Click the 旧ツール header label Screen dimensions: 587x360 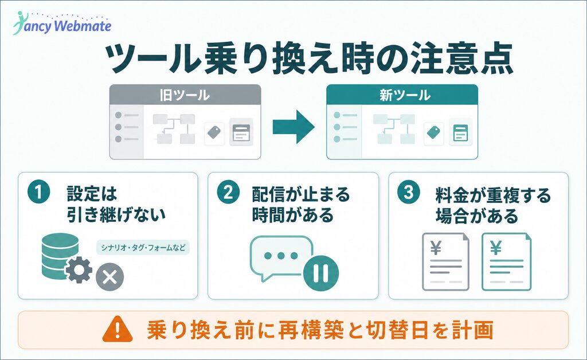[185, 95]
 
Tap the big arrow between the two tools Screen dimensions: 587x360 [293, 127]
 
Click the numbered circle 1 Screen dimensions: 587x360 [38, 193]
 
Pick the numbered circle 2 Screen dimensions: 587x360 [228, 193]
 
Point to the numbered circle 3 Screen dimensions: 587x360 [408, 193]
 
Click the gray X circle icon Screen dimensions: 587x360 [109, 277]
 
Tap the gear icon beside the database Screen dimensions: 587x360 [79, 270]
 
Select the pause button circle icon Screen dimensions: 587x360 [321, 273]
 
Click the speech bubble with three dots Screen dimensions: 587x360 [281, 257]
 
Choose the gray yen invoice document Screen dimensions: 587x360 [445, 261]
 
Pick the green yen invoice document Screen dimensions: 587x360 [506, 261]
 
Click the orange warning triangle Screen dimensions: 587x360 [118, 329]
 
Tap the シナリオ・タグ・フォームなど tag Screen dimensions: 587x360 [143, 248]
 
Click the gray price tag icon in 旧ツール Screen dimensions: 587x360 [214, 132]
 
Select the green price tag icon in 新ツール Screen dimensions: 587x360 [433, 132]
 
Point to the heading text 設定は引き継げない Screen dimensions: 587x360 [116, 204]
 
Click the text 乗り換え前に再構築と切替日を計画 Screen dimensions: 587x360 [320, 330]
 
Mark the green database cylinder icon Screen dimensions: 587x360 [60, 256]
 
